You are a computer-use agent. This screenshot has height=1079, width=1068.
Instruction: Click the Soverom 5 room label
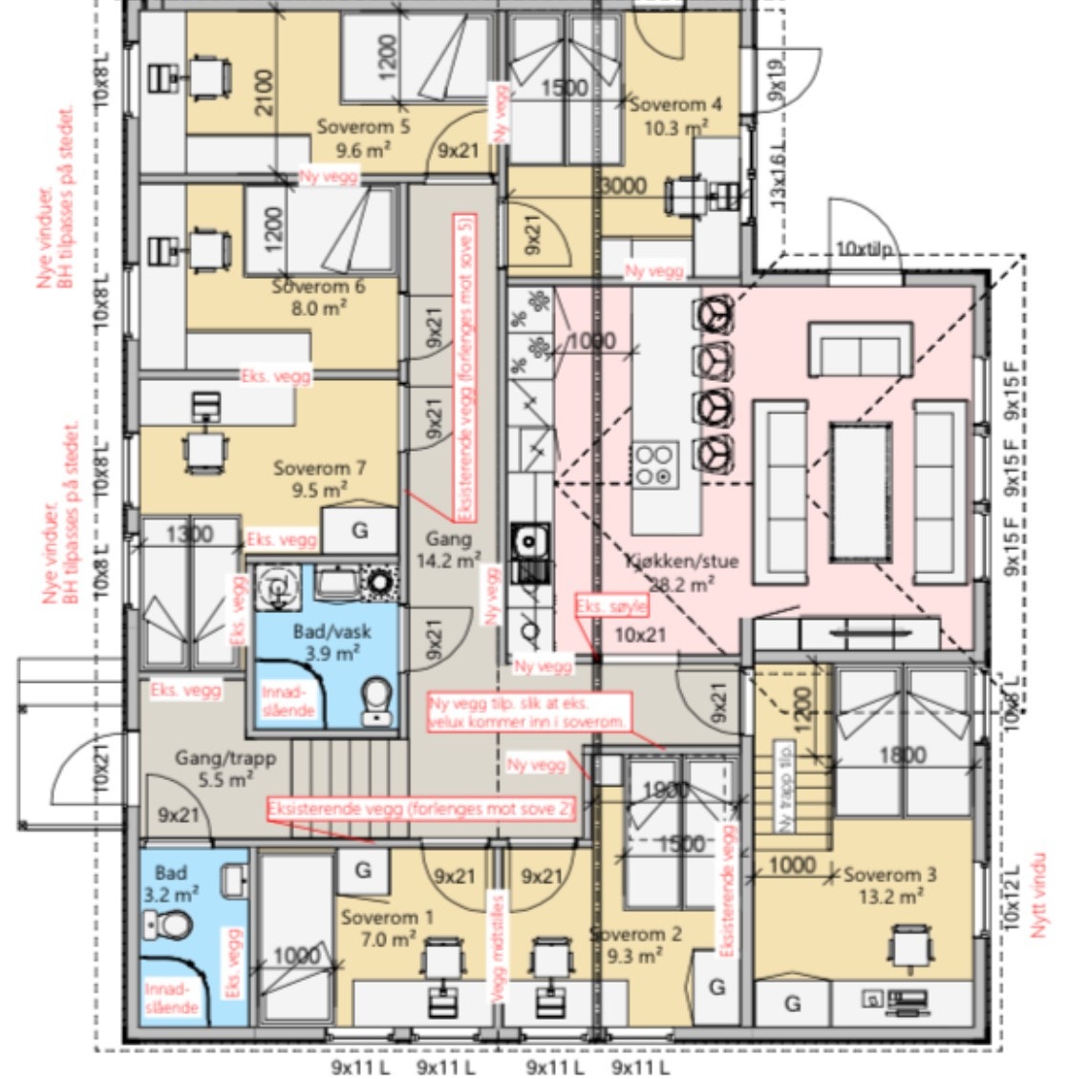[x=364, y=126]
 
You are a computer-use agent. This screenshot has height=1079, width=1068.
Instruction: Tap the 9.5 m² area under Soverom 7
[x=321, y=490]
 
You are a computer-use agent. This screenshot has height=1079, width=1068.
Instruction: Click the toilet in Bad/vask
[x=377, y=700]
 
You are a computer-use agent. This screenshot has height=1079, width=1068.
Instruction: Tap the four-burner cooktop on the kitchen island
[x=656, y=464]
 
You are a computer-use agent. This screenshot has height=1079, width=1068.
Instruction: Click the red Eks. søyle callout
[x=611, y=607]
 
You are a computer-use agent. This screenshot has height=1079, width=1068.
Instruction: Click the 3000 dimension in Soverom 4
[x=623, y=185]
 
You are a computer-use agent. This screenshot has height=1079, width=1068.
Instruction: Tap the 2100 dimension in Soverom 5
[x=264, y=92]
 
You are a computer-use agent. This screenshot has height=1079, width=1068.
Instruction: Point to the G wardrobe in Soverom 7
[x=359, y=530]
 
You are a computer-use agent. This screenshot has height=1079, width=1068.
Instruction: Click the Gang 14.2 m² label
[x=448, y=550]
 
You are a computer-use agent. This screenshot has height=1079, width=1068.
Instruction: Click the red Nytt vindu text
[x=1038, y=895]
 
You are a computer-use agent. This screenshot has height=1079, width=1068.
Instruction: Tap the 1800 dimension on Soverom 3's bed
[x=902, y=755]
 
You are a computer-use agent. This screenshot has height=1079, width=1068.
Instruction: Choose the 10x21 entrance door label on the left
[x=103, y=766]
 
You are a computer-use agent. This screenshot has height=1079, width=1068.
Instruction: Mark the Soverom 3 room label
[x=889, y=875]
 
